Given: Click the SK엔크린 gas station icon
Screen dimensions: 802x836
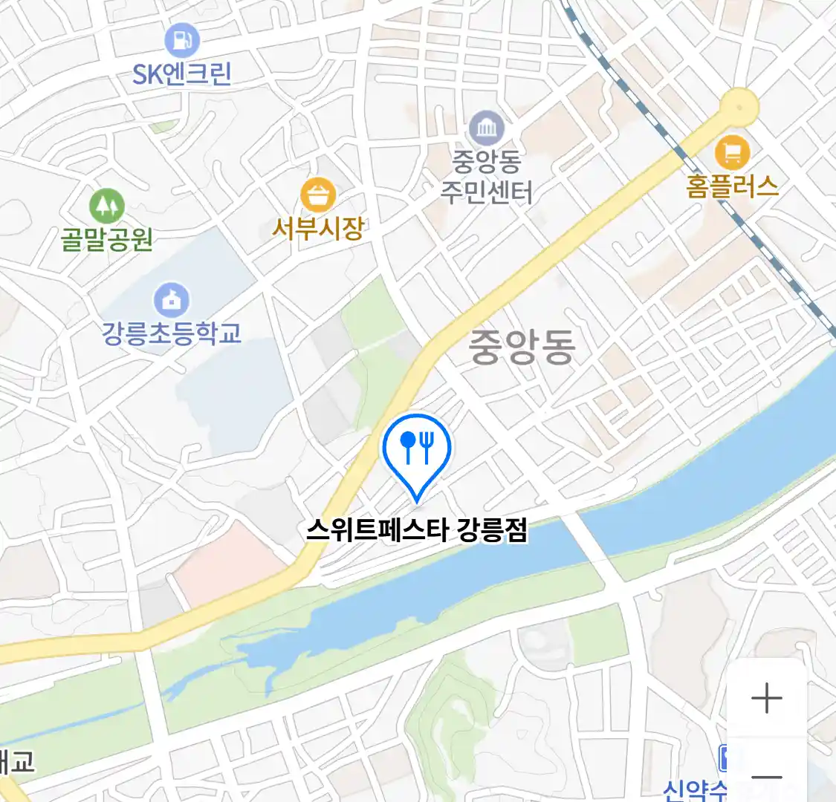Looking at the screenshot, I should [182, 39].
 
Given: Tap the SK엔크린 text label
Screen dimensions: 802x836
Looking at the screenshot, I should [182, 74].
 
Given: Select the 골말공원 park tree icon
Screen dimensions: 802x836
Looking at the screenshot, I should [107, 205].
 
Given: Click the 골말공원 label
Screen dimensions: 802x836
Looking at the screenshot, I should [107, 239].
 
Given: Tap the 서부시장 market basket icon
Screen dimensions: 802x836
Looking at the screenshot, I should [319, 195].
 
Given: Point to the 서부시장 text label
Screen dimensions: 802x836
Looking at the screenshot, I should [318, 228].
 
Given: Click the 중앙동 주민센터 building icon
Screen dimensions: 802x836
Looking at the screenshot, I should [487, 129].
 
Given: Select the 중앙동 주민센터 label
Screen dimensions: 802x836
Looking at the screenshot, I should [487, 177].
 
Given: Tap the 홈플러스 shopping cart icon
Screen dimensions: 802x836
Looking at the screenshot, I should [732, 153].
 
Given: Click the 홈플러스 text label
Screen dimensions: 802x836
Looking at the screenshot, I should [732, 186].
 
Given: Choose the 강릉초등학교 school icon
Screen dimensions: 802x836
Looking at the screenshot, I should [172, 300].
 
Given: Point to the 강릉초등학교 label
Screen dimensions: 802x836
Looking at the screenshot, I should [172, 333].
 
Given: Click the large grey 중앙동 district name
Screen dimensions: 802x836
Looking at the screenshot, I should [522, 347].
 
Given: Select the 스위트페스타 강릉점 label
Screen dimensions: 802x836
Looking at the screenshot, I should [417, 530].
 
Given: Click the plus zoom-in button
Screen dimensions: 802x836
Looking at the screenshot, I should [766, 698].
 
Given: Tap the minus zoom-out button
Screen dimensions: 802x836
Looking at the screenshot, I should [766, 777].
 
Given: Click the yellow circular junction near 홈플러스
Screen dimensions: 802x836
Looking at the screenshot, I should [739, 106].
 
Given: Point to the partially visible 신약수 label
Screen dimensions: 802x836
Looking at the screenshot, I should [695, 789].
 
